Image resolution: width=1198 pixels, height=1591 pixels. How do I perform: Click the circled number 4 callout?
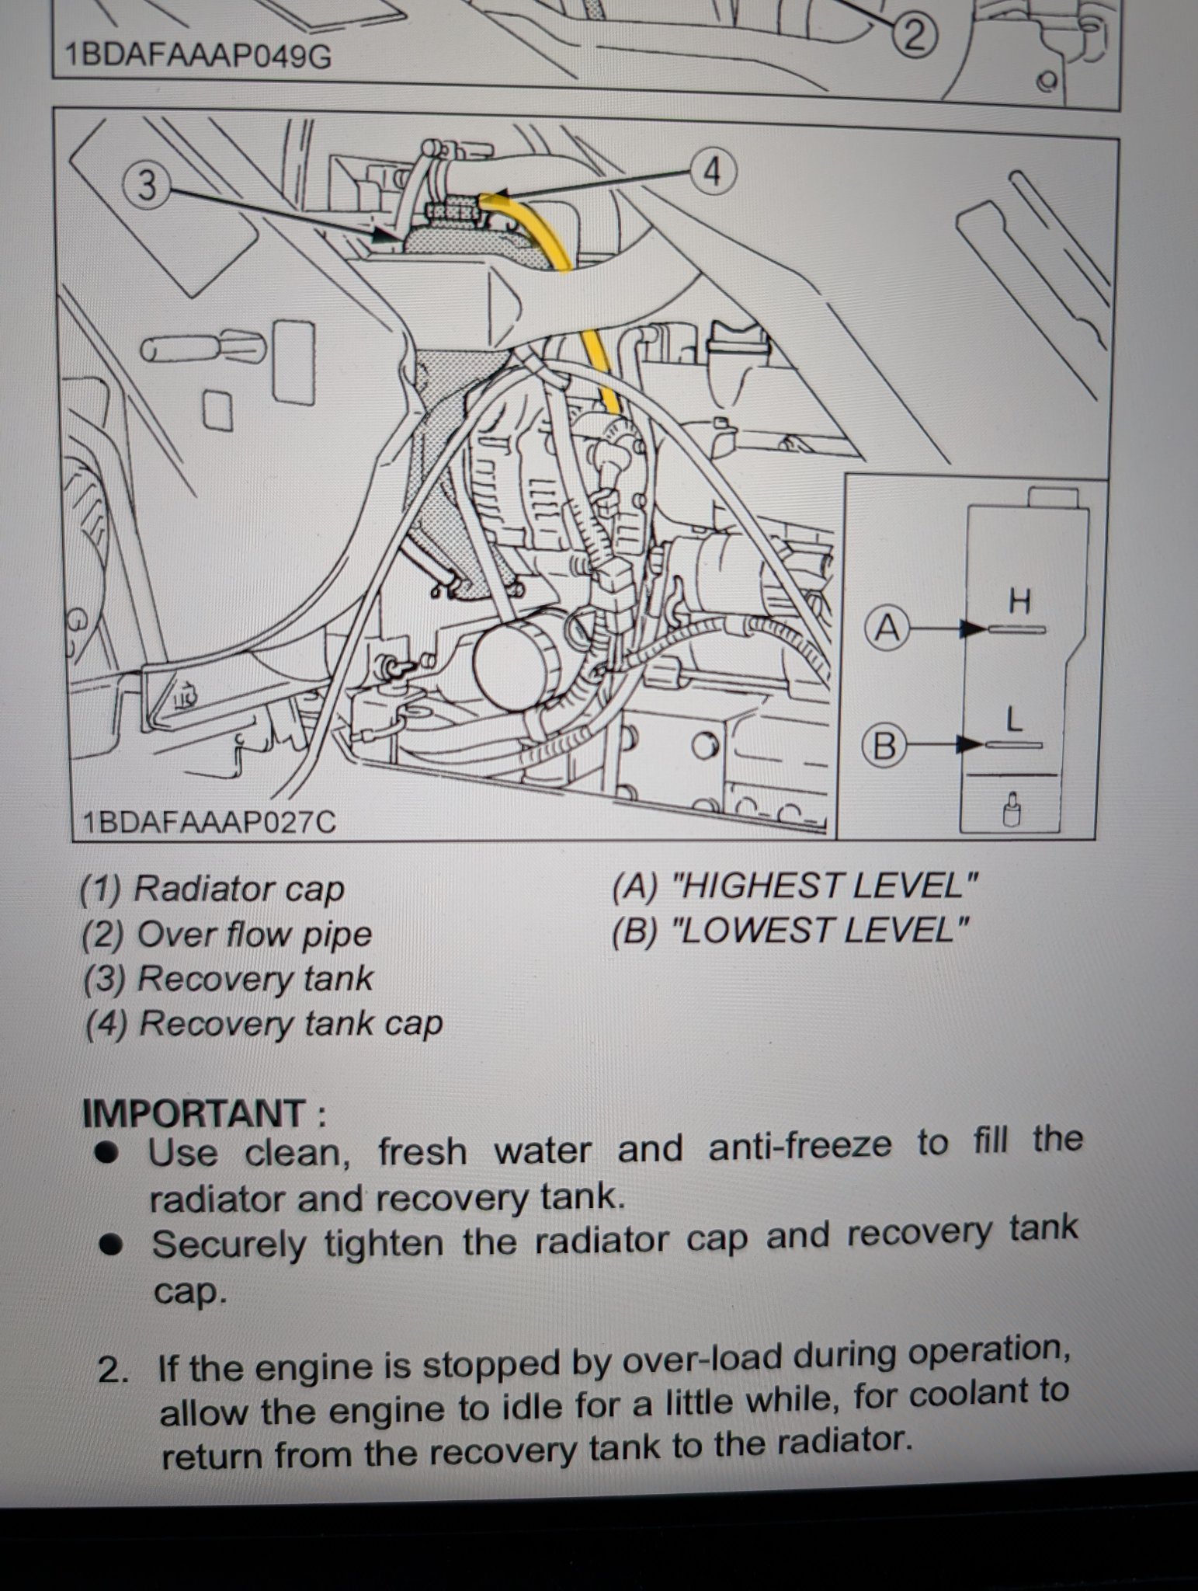click(x=712, y=172)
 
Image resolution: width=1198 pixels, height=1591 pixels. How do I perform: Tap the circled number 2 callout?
click(x=915, y=36)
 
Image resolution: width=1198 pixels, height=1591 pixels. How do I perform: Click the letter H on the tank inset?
click(x=1019, y=601)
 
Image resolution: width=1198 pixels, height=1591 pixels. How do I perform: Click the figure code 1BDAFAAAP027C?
click(x=209, y=822)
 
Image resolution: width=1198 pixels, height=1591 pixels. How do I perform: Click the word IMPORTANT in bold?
click(x=194, y=1113)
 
